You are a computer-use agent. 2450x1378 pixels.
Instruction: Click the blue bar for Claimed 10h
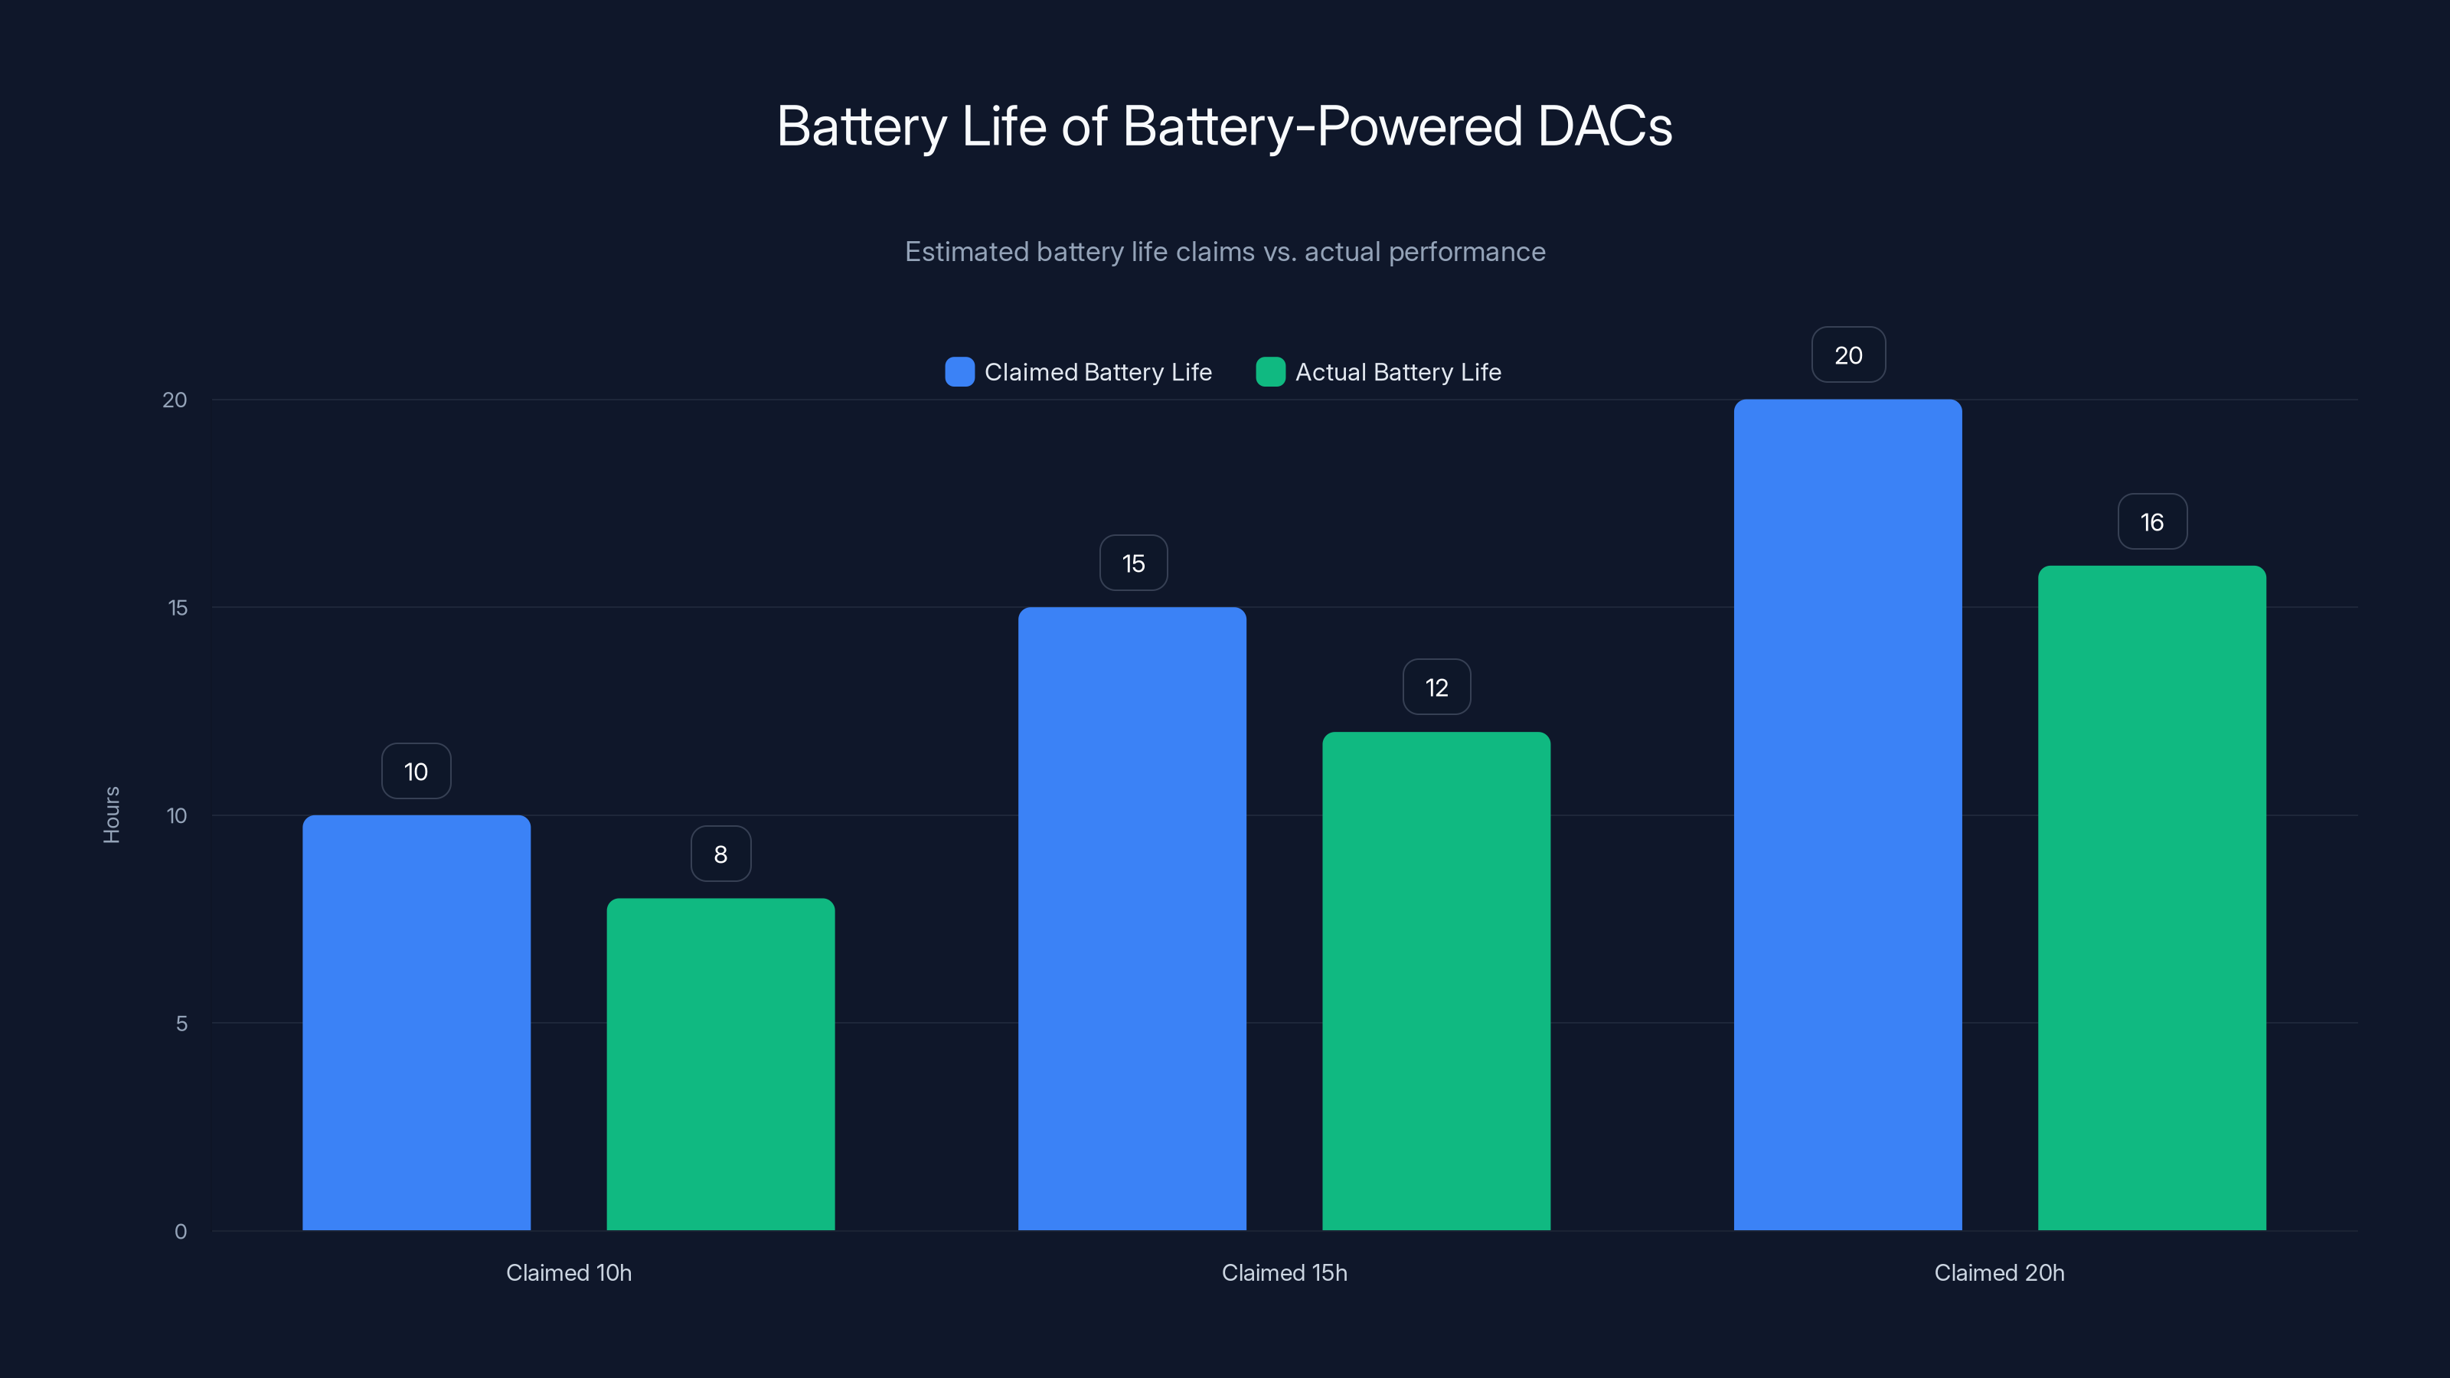point(416,1022)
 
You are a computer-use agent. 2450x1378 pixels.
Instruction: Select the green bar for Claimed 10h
point(721,1064)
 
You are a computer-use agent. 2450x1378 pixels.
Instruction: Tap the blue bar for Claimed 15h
point(1132,919)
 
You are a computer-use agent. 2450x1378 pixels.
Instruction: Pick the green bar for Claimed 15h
point(1436,981)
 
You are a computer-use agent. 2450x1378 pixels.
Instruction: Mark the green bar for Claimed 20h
point(2151,898)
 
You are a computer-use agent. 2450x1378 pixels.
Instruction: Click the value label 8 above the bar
point(721,854)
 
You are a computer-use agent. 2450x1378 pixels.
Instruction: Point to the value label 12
point(1436,687)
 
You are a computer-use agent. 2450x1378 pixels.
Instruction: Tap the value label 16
point(2151,522)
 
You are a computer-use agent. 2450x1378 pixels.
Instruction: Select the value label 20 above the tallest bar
point(1848,356)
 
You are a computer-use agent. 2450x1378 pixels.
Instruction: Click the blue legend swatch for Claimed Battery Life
point(959,372)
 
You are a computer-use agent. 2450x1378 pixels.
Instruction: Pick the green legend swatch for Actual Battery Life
point(1271,372)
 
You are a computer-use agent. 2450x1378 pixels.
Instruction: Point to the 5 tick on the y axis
point(181,1024)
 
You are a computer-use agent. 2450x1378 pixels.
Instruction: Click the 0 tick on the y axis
point(181,1232)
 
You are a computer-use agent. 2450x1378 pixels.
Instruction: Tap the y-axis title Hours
point(111,815)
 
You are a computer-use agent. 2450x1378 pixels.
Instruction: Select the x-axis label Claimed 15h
point(1284,1272)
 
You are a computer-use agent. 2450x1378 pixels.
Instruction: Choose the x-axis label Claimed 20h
point(1999,1272)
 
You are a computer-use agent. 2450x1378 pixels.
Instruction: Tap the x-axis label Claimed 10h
point(569,1272)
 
